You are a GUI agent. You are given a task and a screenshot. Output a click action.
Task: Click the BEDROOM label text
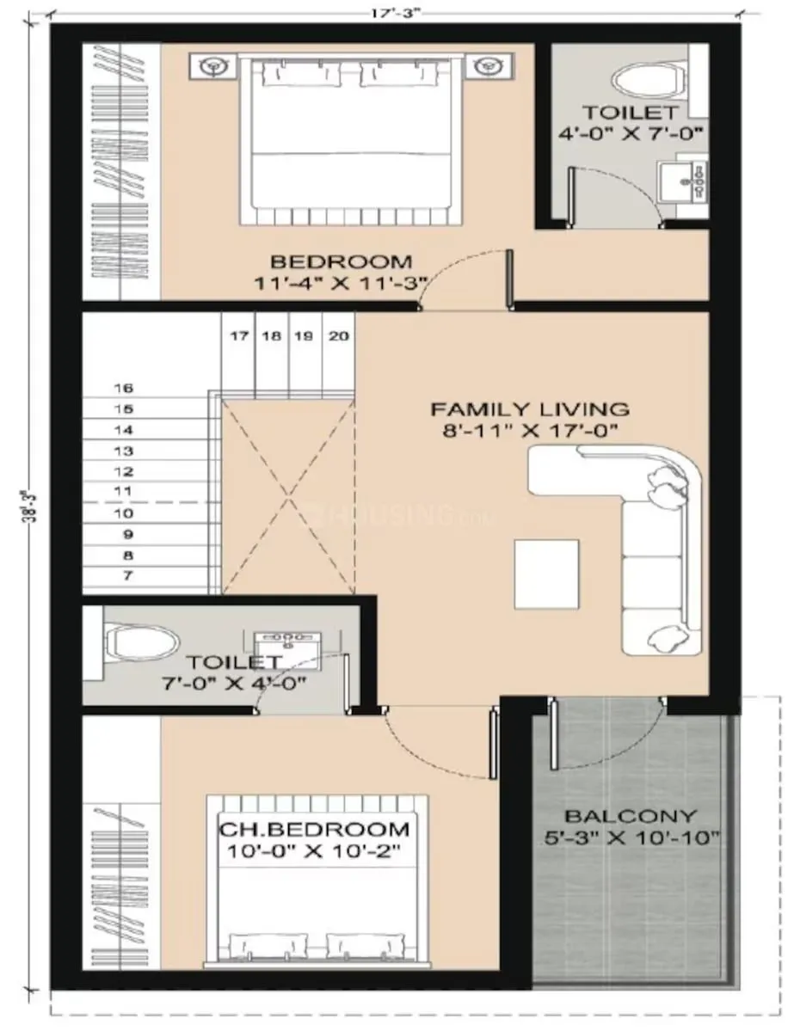[x=342, y=261]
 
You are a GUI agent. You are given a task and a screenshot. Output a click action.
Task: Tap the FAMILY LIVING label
[x=530, y=408]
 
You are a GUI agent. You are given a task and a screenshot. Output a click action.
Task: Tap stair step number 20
[x=339, y=336]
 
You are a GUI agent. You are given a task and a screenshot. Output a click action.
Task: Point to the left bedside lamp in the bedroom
[x=215, y=65]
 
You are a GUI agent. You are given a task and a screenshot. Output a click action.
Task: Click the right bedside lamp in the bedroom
[x=489, y=65]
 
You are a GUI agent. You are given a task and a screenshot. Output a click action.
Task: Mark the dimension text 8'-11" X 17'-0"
[x=530, y=430]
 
